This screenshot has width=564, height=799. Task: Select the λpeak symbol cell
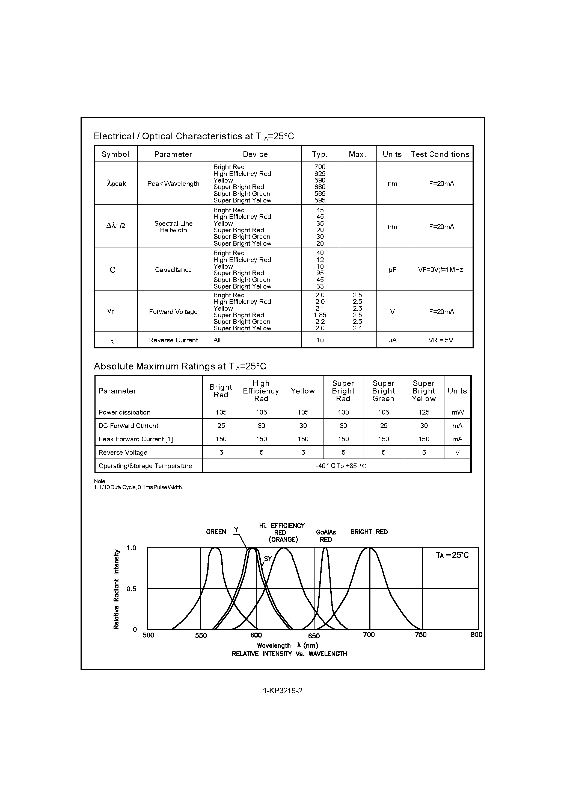(116, 183)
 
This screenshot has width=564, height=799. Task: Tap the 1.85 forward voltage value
(320, 315)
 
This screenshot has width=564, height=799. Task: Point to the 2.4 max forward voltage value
(357, 328)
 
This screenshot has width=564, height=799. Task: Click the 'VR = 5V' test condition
(441, 340)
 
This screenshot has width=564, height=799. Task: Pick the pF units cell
(392, 270)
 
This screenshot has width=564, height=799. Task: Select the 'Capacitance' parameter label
(173, 270)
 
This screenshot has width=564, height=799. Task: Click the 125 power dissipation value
(423, 412)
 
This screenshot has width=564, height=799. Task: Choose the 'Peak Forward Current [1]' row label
(136, 439)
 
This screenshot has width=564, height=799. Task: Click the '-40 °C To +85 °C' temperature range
(341, 466)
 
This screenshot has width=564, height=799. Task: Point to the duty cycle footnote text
(138, 487)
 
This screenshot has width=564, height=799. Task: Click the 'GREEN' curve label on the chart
(216, 532)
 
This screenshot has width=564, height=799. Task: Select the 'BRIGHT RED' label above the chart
(369, 532)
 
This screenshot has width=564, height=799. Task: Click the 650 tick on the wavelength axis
(314, 636)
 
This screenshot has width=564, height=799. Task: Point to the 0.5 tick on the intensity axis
(131, 589)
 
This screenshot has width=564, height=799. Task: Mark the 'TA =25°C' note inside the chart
(452, 556)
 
